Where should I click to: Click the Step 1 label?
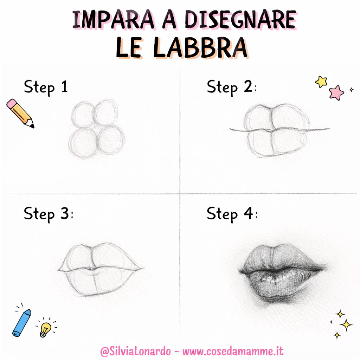(x=46, y=87)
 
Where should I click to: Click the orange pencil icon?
(x=20, y=113)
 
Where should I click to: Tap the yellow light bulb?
(x=45, y=329)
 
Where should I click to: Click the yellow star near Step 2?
(x=321, y=82)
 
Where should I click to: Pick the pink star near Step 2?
(x=336, y=92)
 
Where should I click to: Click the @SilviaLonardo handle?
(x=136, y=351)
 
